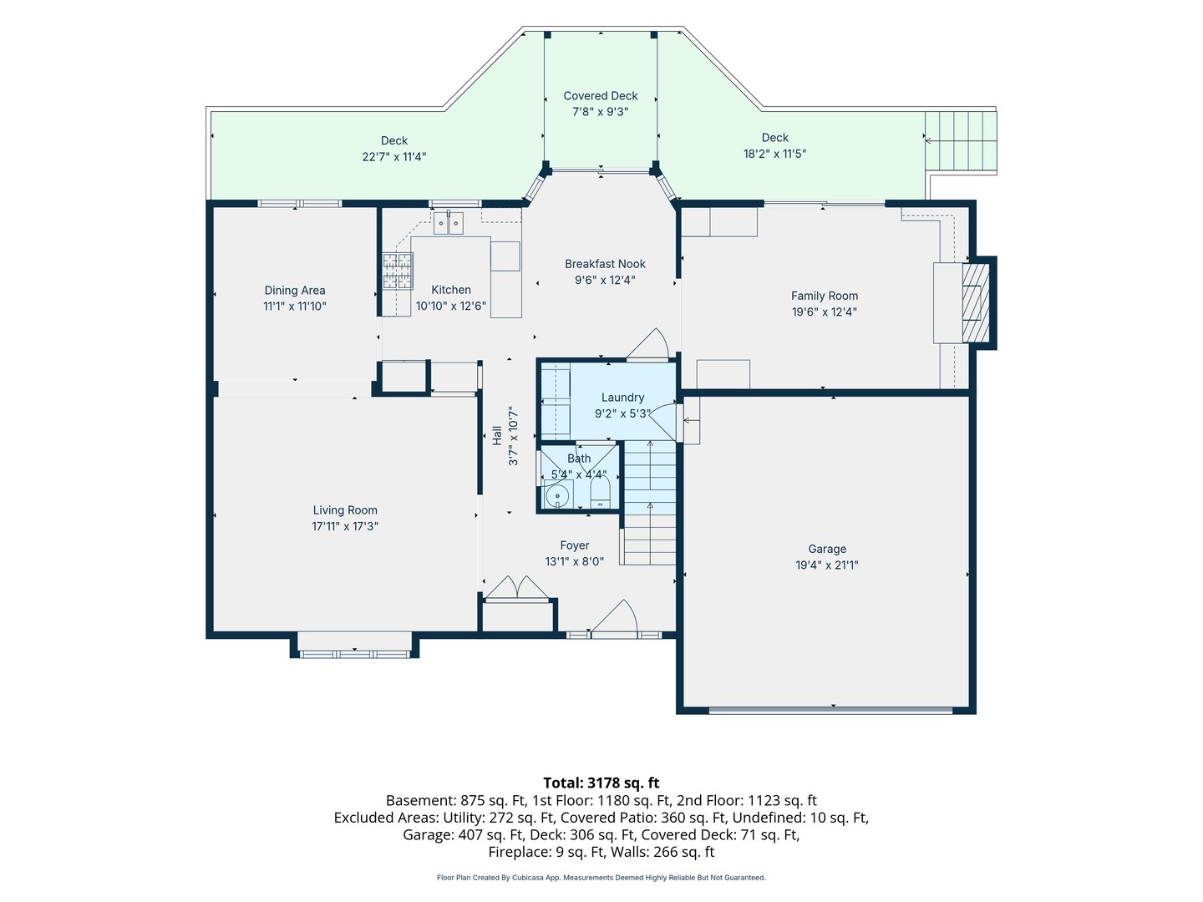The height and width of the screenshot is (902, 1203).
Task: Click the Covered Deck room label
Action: (600, 96)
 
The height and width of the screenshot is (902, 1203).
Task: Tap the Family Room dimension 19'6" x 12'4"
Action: (824, 312)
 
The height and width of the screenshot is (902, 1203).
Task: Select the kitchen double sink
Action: (449, 223)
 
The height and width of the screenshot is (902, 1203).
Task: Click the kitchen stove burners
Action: (398, 271)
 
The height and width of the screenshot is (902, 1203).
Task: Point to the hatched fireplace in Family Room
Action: (976, 303)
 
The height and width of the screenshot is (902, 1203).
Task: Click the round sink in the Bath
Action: (557, 495)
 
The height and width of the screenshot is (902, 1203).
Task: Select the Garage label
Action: (827, 549)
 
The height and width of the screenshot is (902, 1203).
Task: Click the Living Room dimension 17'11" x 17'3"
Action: (345, 526)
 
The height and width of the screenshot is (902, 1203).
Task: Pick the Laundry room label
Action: (622, 398)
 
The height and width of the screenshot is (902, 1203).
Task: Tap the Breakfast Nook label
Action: (605, 264)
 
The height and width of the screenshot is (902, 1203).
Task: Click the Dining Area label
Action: (295, 291)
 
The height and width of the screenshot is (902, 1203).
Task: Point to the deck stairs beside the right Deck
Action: (960, 141)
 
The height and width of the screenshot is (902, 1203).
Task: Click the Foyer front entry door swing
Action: (615, 617)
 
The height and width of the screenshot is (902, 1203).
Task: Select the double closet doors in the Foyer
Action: (517, 587)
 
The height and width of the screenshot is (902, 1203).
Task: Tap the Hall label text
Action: (497, 436)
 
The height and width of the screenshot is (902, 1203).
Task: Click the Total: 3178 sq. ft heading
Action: (601, 782)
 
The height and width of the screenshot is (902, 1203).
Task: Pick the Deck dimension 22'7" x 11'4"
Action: (394, 157)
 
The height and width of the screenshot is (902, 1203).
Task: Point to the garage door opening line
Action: (831, 711)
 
